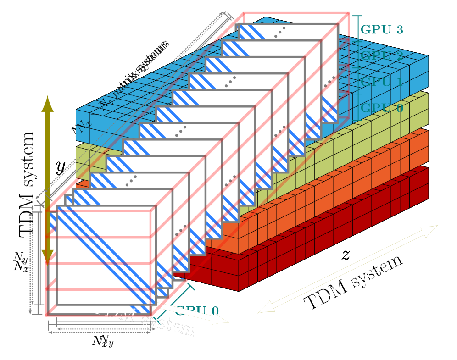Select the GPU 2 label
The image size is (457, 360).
click(x=382, y=56)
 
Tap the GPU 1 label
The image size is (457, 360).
click(x=382, y=83)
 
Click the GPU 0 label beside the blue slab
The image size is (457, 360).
click(x=382, y=109)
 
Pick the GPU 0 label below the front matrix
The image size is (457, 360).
click(x=196, y=311)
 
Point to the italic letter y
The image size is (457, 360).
click(x=61, y=167)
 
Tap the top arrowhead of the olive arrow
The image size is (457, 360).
click(x=48, y=103)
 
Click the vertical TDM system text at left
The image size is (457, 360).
click(x=27, y=183)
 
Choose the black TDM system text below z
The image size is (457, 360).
click(x=354, y=282)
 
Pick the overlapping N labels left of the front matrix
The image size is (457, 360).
click(x=21, y=262)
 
